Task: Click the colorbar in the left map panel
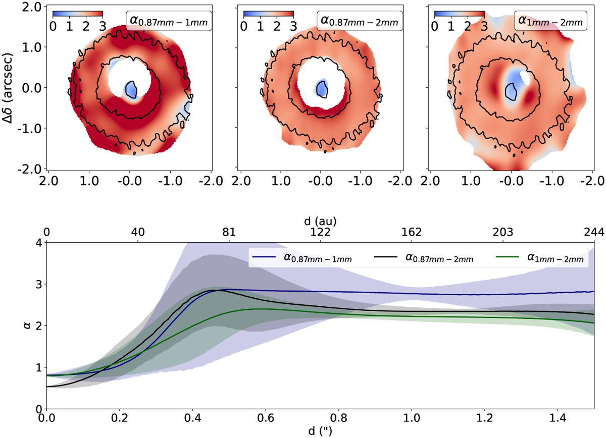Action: tap(78, 13)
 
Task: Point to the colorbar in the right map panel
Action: tap(459, 13)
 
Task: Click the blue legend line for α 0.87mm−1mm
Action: tap(264, 259)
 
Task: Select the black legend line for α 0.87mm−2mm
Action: tap(388, 259)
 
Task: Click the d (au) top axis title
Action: tap(320, 221)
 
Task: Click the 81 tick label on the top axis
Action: tap(229, 232)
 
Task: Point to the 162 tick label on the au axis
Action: tap(411, 232)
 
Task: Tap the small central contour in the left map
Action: tap(131, 90)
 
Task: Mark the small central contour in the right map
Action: tap(511, 92)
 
